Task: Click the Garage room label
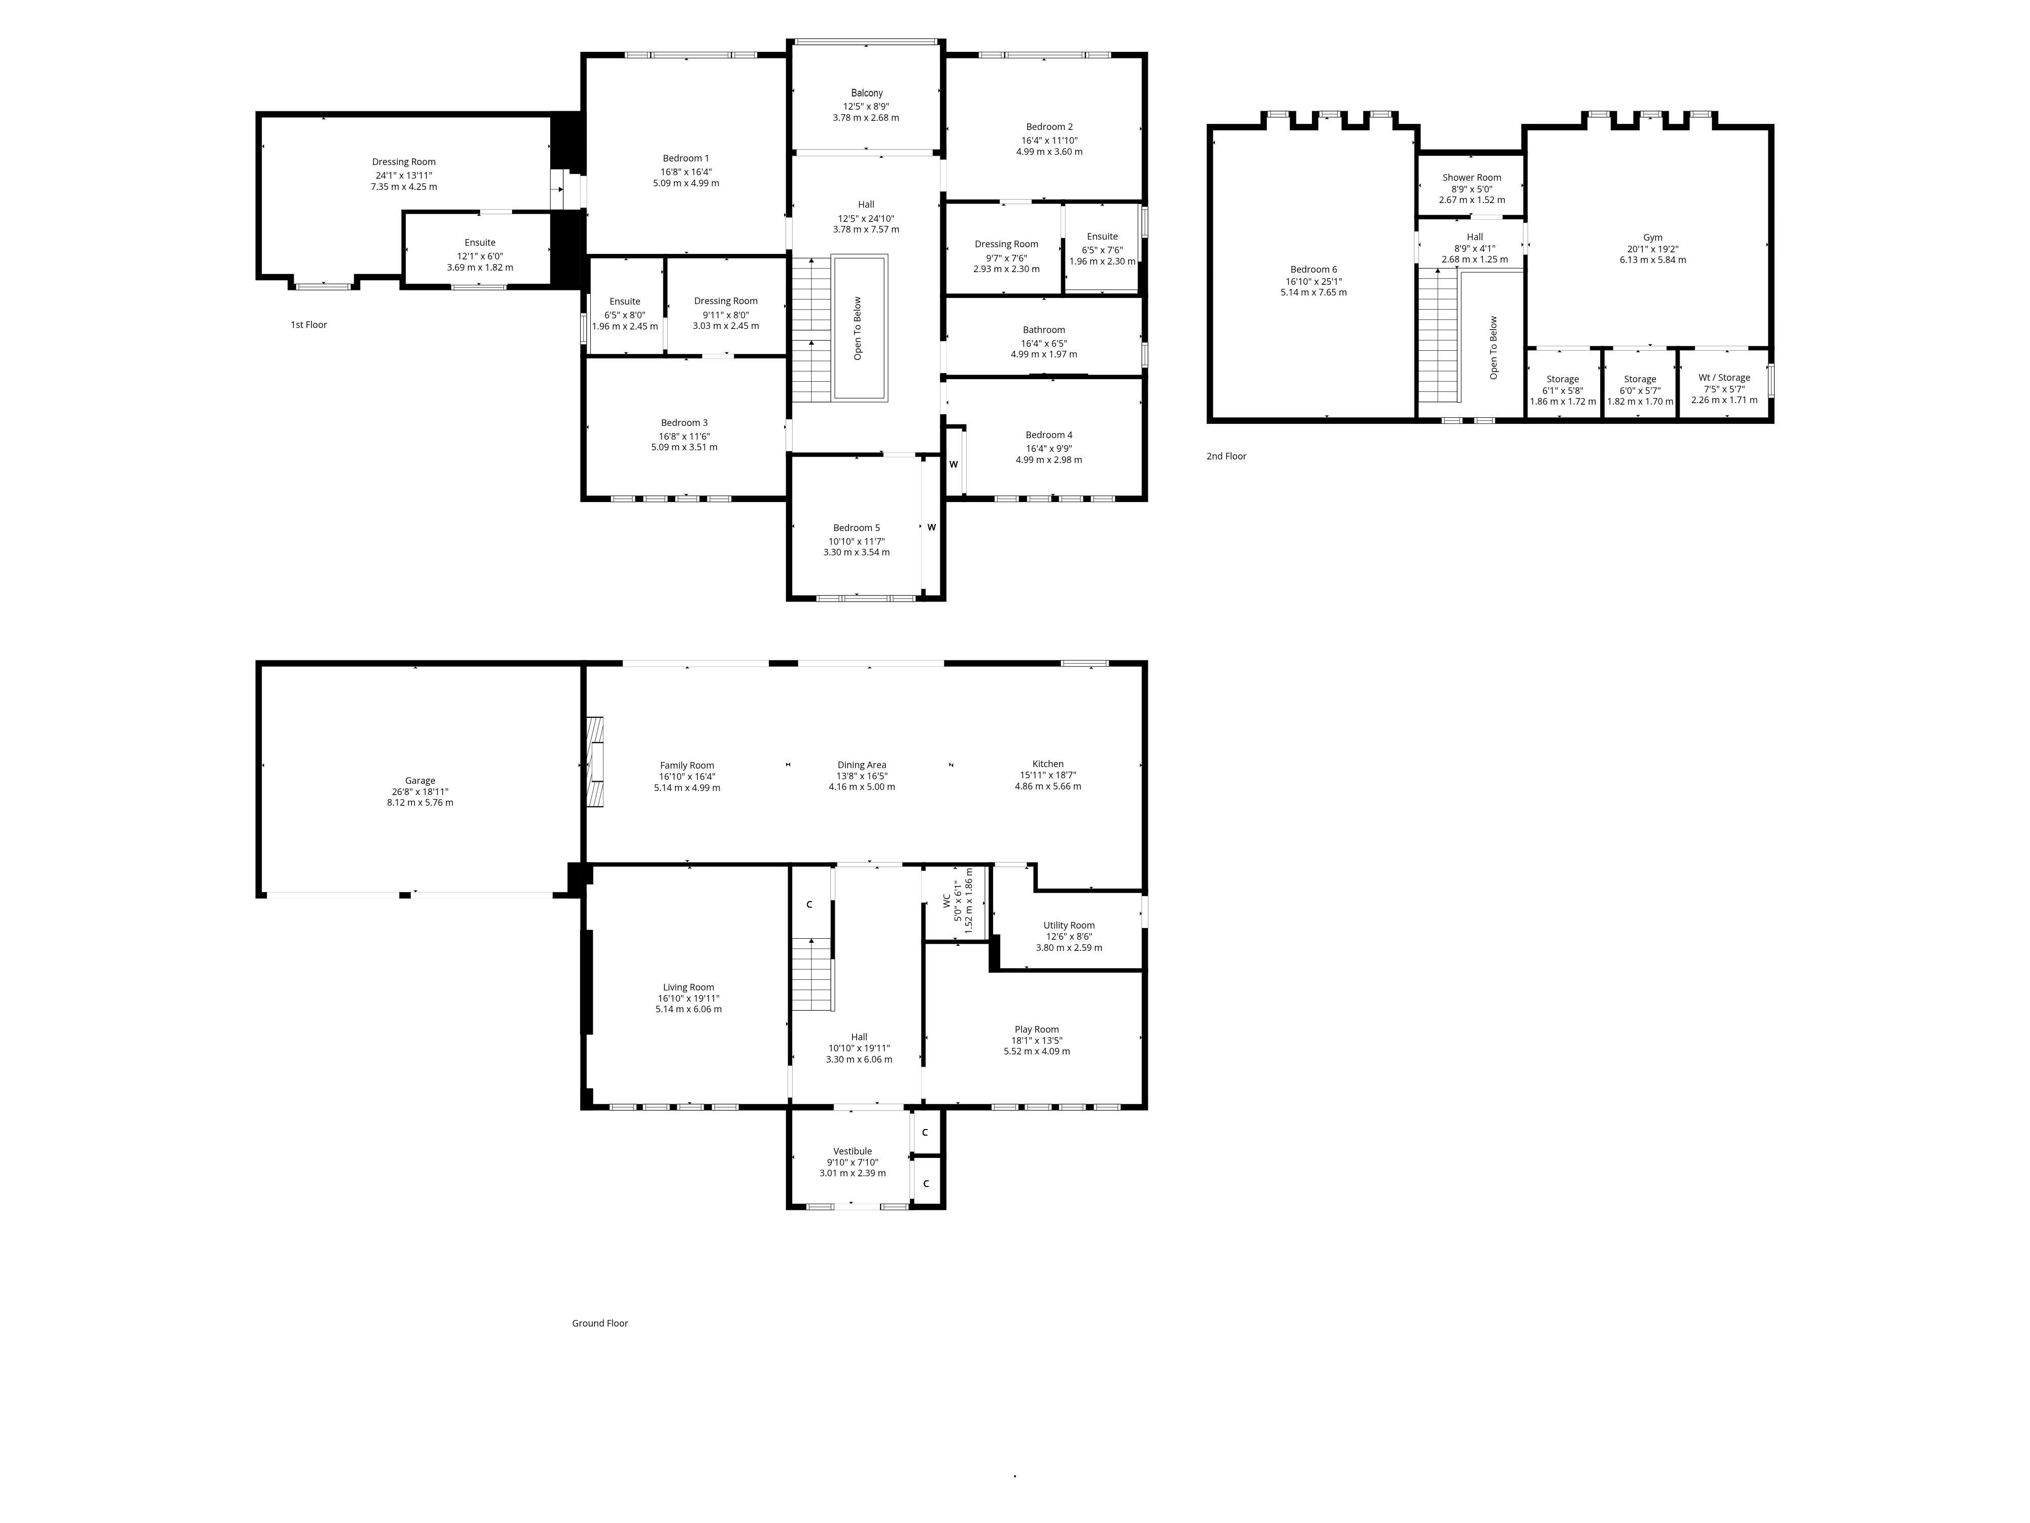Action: coord(420,781)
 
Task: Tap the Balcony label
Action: coord(866,93)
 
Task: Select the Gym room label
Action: coord(1652,238)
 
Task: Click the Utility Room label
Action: coord(1068,925)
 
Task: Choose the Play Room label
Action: coord(1036,1029)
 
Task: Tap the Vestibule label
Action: coord(852,1151)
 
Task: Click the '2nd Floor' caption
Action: coord(1226,456)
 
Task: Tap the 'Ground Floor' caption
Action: coord(599,1323)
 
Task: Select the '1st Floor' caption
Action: coord(309,325)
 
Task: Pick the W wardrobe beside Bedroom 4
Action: coord(954,465)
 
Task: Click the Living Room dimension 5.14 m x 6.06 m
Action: coord(688,1009)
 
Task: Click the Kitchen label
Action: coord(1047,764)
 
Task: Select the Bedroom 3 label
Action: coord(684,423)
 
